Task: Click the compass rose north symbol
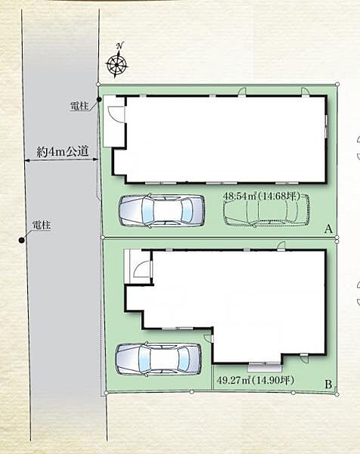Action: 116,64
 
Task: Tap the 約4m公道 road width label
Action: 63,151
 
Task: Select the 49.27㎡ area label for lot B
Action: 255,380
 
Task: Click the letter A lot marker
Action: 328,229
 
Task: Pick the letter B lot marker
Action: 328,384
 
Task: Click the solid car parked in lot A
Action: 162,210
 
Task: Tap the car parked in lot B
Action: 159,359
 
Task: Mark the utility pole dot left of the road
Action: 21,240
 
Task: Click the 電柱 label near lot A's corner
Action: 79,106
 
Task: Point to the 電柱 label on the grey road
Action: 42,225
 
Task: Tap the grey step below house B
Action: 265,368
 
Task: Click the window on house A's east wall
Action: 326,126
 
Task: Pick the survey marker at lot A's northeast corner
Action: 337,84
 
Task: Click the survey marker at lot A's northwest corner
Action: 98,84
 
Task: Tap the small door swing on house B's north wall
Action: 281,245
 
